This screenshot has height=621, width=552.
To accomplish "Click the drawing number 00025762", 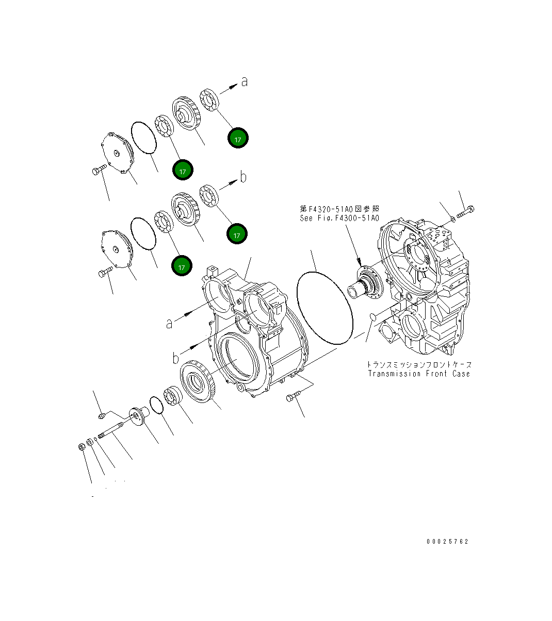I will tap(447, 542).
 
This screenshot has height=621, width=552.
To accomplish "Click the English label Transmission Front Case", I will tap(418, 374).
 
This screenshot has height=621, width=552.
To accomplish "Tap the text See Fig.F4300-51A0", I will tap(339, 218).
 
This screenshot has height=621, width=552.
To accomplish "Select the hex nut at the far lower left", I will tap(82, 446).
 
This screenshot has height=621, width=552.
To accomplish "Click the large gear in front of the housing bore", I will tap(198, 382).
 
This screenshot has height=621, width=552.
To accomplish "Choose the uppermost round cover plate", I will tap(117, 153).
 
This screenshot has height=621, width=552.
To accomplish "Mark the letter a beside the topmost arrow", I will tap(245, 81).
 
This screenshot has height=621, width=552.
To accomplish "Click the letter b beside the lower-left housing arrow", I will tap(176, 357).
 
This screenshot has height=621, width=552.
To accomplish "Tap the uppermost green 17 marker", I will tap(238, 138).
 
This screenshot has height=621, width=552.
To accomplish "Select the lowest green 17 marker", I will tap(182, 266).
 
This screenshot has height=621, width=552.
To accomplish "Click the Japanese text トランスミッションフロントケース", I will tap(418, 364).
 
